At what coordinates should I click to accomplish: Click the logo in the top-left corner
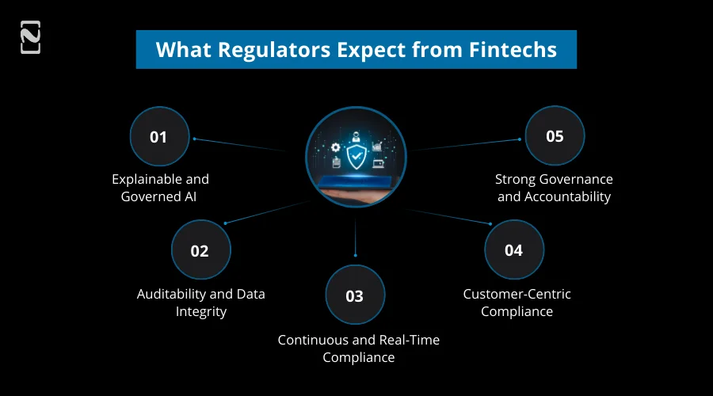point(30,37)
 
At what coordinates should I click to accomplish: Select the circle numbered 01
point(159,136)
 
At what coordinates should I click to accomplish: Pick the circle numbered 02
point(200,250)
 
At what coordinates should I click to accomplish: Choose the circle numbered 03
point(355,295)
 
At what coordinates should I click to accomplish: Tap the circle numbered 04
point(514,250)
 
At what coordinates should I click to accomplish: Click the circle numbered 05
point(555,136)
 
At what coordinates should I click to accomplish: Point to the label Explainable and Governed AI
point(160,188)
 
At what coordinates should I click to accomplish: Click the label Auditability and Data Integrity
point(200,303)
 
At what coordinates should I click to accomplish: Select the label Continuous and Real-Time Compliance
point(358,348)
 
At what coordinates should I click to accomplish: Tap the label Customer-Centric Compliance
point(517,303)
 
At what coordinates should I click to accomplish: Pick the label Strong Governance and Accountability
point(554,188)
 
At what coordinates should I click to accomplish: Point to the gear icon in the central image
point(336,147)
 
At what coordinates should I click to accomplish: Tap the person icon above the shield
point(356,135)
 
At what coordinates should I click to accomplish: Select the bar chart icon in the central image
point(377,147)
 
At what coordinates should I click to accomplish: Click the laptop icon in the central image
point(378,163)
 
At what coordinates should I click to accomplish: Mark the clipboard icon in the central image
point(336,163)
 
